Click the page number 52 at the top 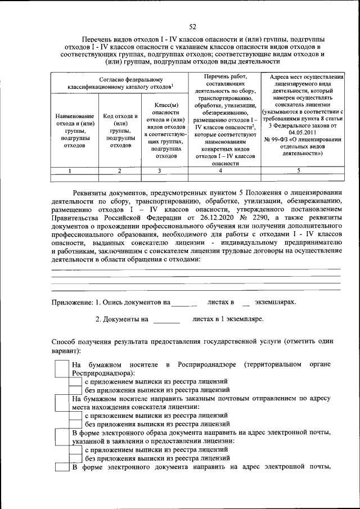coord(192,26)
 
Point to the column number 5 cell coord(299,170)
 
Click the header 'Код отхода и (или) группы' coord(120,130)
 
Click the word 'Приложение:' coord(71,302)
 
